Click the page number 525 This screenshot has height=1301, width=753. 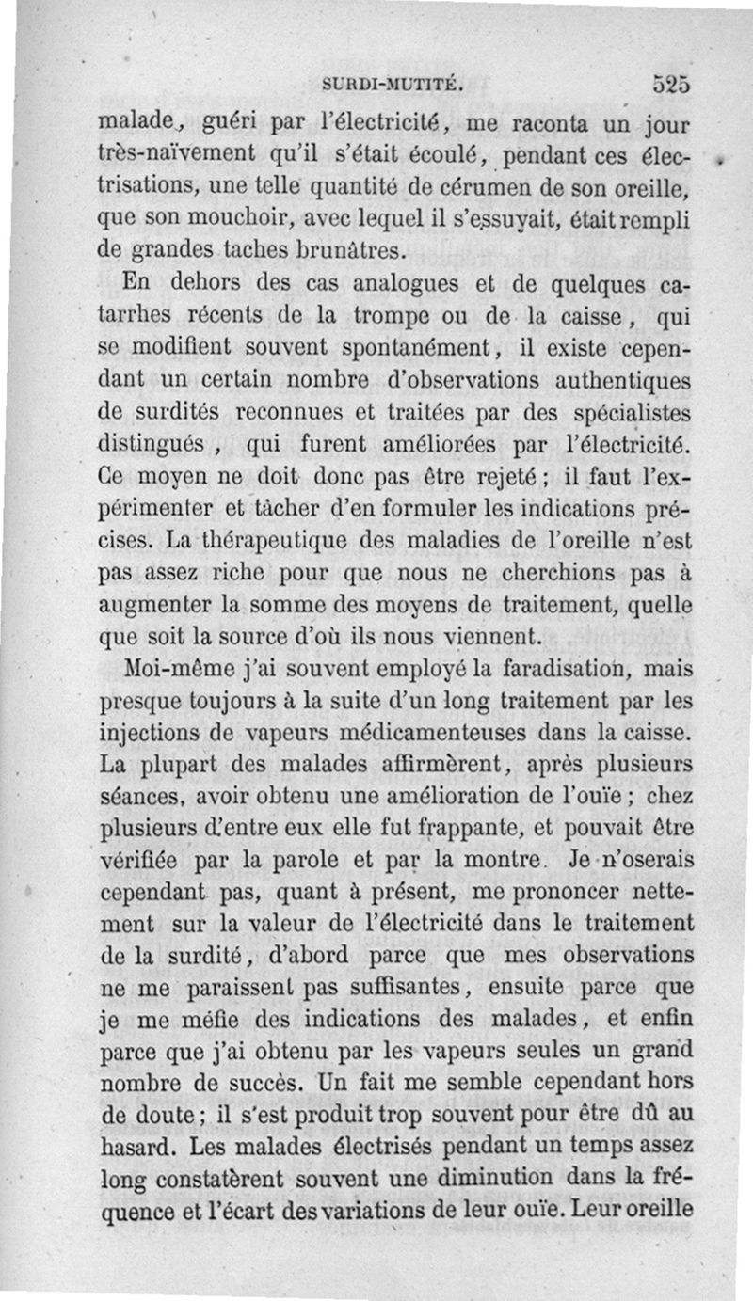coord(671,83)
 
